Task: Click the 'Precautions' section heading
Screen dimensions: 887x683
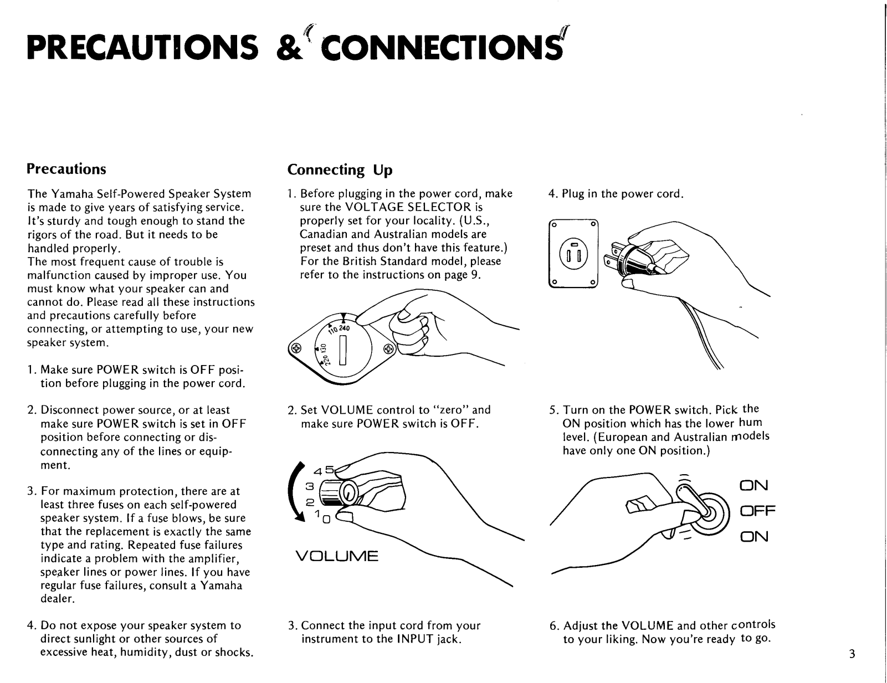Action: (66, 168)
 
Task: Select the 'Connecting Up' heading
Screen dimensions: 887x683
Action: (340, 170)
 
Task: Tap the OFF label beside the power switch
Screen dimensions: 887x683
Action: (757, 510)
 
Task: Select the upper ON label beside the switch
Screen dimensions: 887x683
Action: (754, 486)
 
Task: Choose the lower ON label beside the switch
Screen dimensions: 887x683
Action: (754, 536)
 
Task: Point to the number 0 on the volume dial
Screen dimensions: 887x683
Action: (326, 520)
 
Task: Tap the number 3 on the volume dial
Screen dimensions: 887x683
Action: (310, 486)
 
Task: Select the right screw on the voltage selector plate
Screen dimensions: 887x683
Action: (388, 349)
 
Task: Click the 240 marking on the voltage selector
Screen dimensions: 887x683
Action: (344, 327)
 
